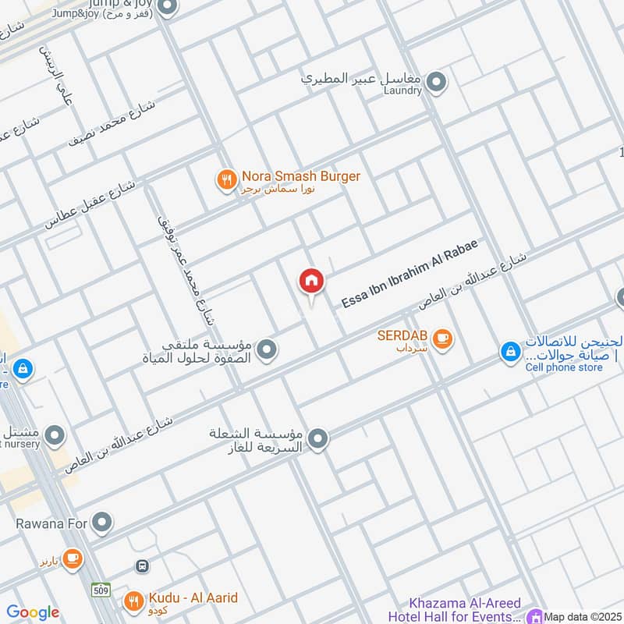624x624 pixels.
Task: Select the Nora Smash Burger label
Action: tap(300, 177)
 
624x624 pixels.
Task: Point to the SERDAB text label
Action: tap(401, 335)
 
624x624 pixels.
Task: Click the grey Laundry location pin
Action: tap(437, 81)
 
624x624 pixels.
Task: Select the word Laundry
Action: tap(403, 90)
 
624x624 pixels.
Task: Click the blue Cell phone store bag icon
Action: tap(510, 353)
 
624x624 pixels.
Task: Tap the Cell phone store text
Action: tap(564, 367)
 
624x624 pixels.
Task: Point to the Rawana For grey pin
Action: tap(102, 523)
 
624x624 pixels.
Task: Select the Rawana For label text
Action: tap(51, 523)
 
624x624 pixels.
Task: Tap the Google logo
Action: tap(33, 612)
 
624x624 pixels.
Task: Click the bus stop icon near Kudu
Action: tap(143, 565)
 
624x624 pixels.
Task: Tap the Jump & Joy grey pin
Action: tap(166, 8)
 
